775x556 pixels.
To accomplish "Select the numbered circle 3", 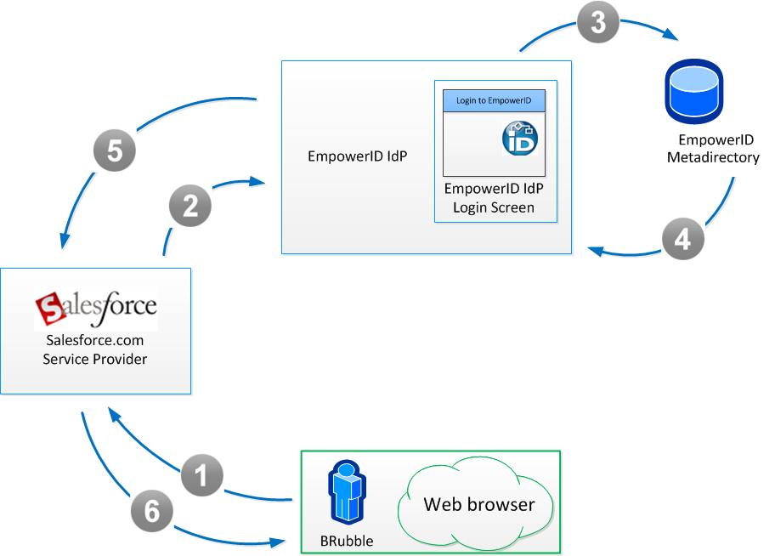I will point(598,23).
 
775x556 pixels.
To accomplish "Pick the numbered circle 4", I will point(683,239).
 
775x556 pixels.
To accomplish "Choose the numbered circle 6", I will point(151,511).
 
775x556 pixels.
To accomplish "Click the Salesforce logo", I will point(96,308).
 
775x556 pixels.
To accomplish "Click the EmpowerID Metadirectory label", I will point(713,149).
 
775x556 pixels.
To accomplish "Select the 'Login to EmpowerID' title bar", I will point(494,100).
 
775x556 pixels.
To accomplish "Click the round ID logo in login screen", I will point(519,139).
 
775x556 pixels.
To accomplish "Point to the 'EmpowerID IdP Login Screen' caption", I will point(494,197).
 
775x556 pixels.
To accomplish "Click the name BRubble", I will point(346,541).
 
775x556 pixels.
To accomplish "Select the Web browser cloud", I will point(478,504).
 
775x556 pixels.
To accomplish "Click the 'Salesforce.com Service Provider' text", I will point(95,351).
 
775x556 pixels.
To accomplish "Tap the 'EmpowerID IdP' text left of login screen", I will point(356,156).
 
